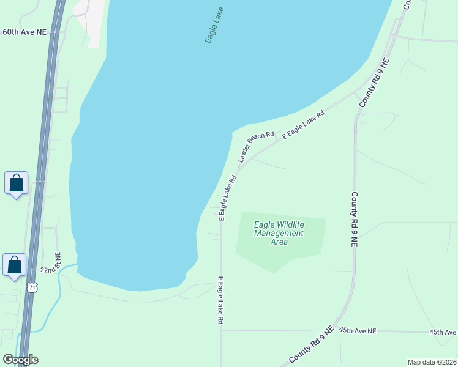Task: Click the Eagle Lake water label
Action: (214, 25)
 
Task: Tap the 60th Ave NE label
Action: (25, 31)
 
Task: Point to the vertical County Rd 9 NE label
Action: (354, 219)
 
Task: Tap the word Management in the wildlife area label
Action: (279, 233)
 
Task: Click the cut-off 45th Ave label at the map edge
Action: (443, 332)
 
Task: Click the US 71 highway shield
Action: (33, 286)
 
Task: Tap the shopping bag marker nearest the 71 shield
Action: (15, 265)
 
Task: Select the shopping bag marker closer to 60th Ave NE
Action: (16, 183)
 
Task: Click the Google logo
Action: (20, 360)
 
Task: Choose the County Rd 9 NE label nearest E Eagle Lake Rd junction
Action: (374, 83)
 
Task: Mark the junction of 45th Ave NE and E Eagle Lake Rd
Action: (221, 330)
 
